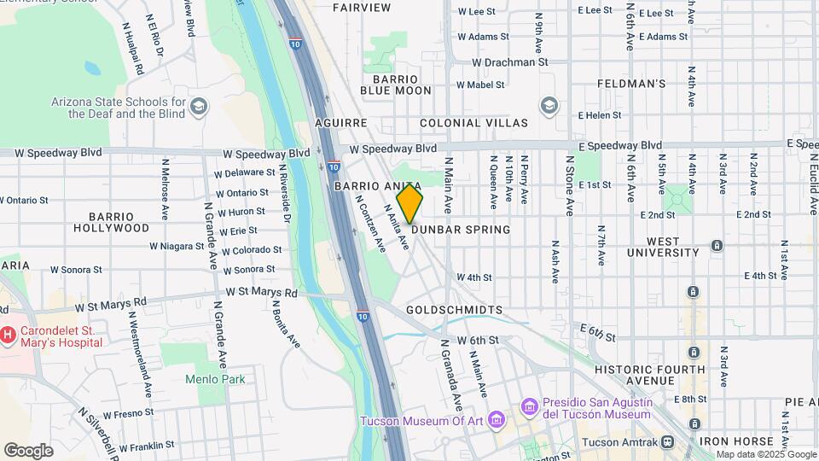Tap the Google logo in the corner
click(x=28, y=451)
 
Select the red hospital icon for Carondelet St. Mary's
click(x=9, y=336)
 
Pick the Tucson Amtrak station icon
click(x=667, y=442)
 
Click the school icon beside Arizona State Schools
click(x=199, y=106)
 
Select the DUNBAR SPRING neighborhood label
click(x=461, y=230)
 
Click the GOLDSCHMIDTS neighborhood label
click(x=454, y=310)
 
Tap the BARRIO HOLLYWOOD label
click(x=111, y=222)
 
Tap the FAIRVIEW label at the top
click(x=362, y=8)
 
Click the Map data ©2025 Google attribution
click(x=764, y=454)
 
